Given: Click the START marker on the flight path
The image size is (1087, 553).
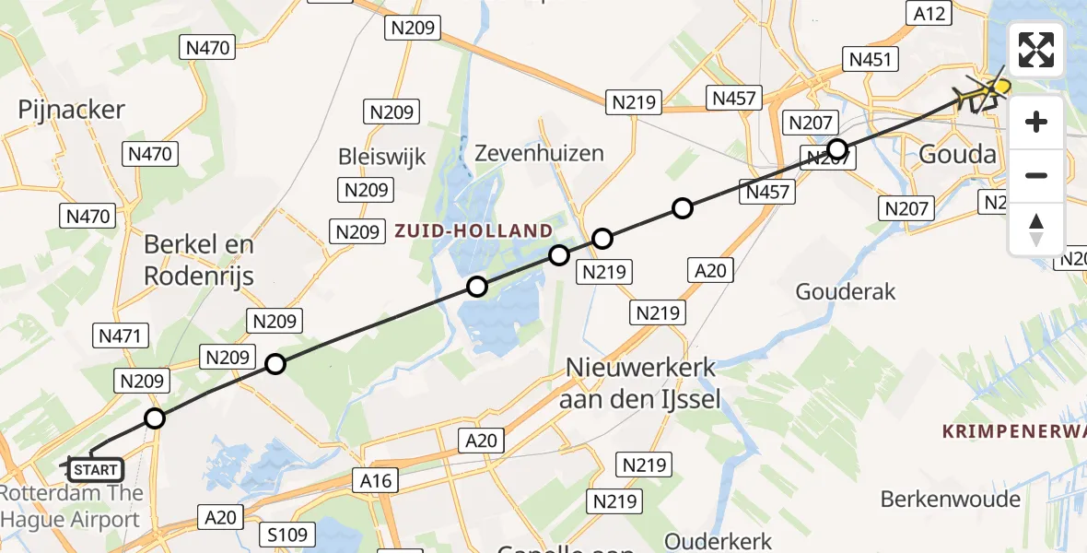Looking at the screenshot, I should coord(95,470).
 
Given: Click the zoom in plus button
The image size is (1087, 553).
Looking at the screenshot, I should coord(1036,122).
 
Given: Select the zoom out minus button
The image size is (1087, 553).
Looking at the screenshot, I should coord(1036,175).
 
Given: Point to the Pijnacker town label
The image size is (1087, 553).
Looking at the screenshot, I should coord(71,110).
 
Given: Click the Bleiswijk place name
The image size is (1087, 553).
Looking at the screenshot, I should coord(382,156).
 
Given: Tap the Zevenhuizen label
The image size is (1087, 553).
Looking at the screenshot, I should coord(539,153).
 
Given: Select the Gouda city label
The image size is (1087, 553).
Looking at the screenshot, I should coord(958,155).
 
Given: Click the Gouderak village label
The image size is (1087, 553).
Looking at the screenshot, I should coord(846,292).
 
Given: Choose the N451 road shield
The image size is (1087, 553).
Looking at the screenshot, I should coord(870,60).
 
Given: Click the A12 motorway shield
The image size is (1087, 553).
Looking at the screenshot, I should coord(928,12).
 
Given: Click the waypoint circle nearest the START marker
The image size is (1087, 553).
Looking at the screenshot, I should coord(155,418).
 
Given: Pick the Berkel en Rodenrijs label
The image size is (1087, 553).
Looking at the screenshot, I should coord(198,260).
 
